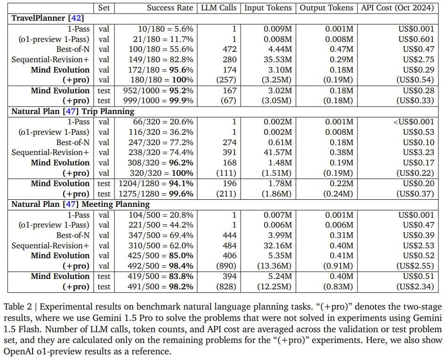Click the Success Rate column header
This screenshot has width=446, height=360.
coord(170,8)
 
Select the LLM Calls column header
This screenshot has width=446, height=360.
coord(219,8)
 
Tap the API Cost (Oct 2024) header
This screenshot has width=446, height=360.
coord(401,8)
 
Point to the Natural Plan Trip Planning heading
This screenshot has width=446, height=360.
coord(73,111)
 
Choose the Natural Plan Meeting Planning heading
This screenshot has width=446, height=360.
coord(80,204)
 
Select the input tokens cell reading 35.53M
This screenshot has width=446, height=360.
coord(277,59)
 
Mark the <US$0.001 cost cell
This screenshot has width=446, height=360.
coord(414,122)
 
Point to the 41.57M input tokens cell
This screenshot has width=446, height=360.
coord(277,152)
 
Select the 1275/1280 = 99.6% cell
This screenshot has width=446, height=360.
coord(156,194)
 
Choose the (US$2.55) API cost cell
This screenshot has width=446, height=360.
coord(413,266)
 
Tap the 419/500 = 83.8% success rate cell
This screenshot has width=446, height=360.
coord(161,276)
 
